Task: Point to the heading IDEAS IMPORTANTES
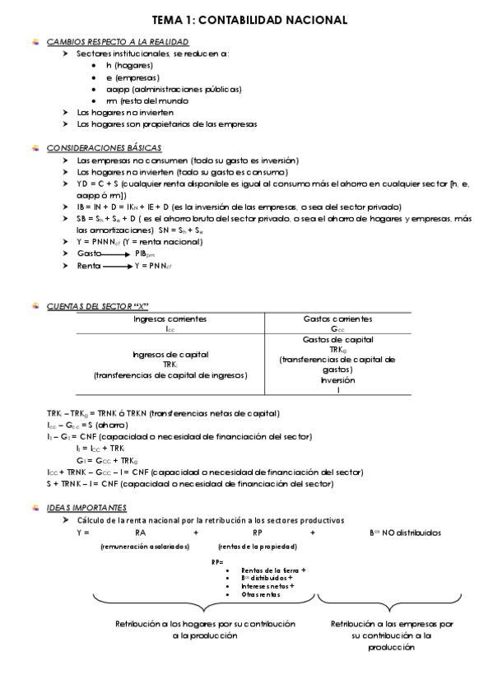click(x=86, y=508)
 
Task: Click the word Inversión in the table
click(x=337, y=380)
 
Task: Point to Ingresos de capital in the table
click(x=170, y=355)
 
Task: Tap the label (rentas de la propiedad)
click(x=258, y=547)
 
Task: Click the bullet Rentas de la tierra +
click(x=273, y=570)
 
